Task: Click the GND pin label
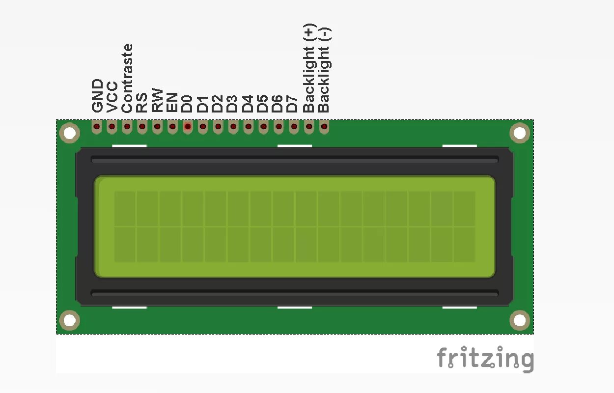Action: [97, 96]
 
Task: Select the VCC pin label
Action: [112, 97]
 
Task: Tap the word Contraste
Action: [127, 78]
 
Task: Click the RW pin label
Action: [157, 100]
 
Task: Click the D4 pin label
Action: [248, 103]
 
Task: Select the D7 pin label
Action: [293, 103]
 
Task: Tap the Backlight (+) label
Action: [308, 68]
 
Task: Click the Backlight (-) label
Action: [324, 70]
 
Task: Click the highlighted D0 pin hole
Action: [188, 127]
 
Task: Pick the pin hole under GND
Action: [97, 127]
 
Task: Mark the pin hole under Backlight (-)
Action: [324, 127]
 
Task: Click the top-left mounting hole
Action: [69, 133]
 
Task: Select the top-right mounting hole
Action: [520, 133]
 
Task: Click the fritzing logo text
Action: [485, 359]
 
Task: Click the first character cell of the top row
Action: [125, 209]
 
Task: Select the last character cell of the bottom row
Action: [464, 244]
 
